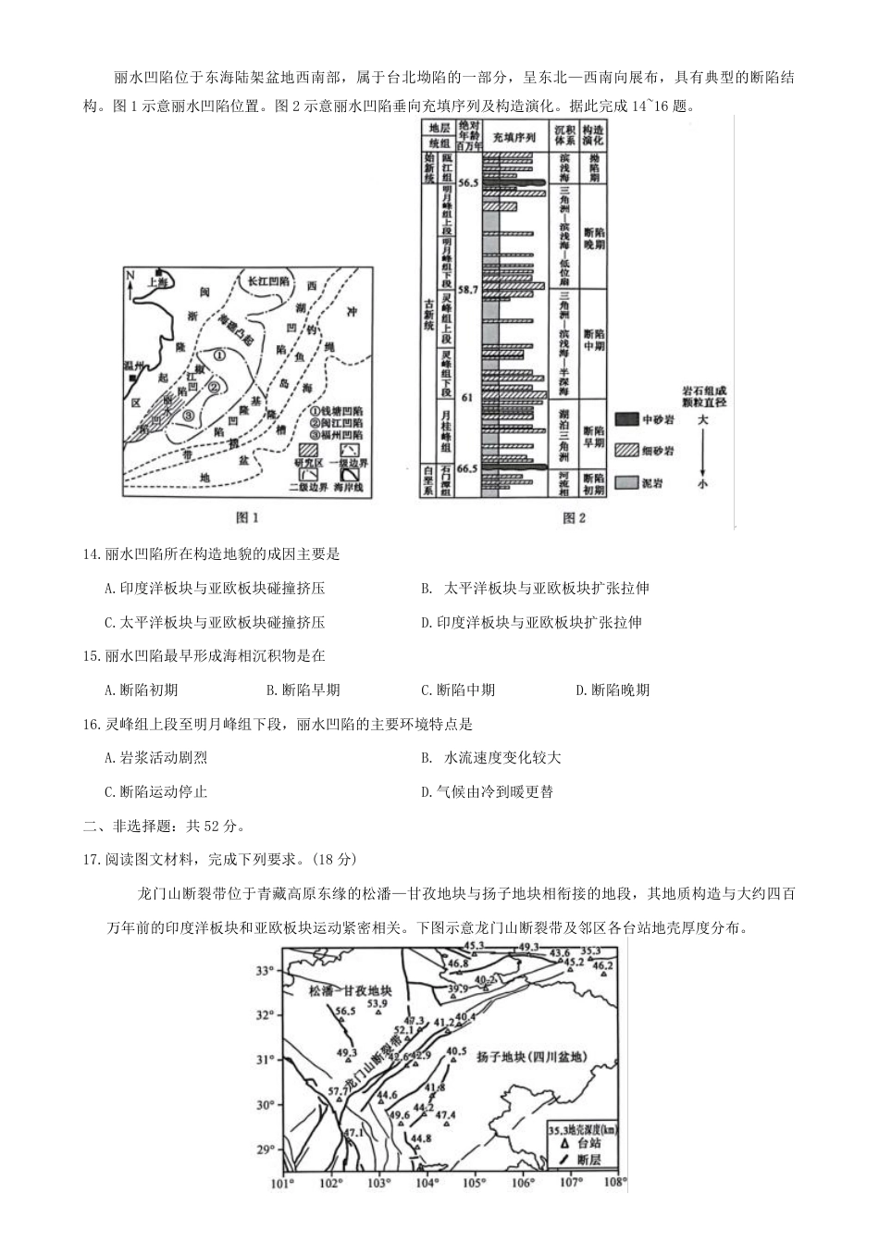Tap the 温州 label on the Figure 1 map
coord(135,367)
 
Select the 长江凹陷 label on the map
coord(268,280)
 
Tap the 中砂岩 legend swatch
coord(628,418)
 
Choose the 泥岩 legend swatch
coord(628,482)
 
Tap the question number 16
coord(91,724)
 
